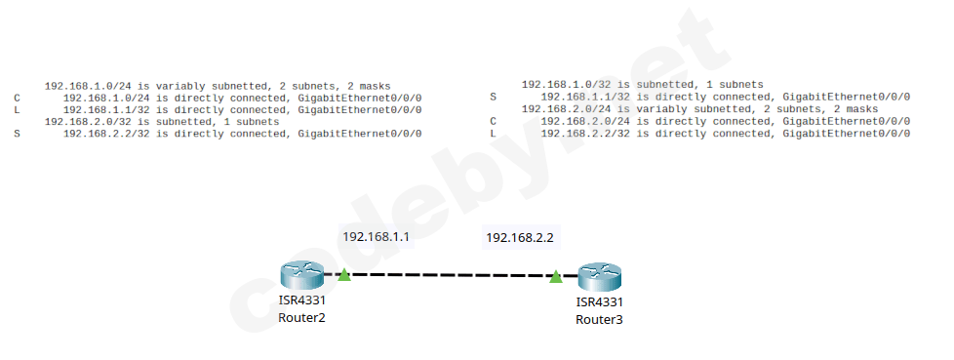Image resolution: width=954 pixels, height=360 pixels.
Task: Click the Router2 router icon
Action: point(300,276)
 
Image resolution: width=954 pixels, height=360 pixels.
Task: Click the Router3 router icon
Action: point(599,277)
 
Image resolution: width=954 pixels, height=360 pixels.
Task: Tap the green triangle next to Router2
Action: point(343,275)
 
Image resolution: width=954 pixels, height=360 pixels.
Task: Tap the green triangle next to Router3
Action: point(555,277)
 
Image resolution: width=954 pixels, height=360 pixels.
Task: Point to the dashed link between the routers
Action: point(449,276)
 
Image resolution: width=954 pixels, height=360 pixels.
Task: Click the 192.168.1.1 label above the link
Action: point(375,236)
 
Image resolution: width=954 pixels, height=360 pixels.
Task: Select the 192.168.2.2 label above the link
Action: point(519,237)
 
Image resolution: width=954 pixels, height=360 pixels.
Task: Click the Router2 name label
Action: point(301,317)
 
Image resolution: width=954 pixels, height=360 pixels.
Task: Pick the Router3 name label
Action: point(599,319)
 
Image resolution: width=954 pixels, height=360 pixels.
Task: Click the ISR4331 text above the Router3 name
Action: point(599,302)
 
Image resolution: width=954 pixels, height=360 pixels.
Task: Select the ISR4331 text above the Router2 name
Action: point(301,300)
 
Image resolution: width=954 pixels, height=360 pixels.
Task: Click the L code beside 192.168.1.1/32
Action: point(18,110)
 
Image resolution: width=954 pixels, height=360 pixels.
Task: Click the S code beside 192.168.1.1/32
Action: point(494,98)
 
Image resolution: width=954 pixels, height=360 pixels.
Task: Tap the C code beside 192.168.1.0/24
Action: point(18,99)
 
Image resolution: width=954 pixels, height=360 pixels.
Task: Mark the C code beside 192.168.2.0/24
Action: point(494,121)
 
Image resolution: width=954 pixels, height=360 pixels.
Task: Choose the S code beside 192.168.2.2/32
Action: point(18,134)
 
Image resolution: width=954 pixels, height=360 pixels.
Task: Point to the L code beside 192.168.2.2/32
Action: point(494,133)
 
